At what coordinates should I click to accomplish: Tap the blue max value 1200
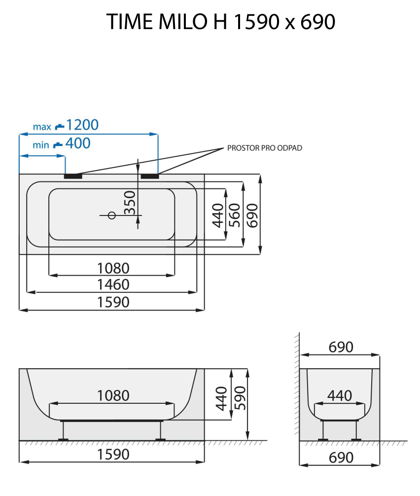[82, 125]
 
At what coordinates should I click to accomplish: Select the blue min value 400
[78, 143]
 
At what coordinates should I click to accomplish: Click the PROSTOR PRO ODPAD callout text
[265, 148]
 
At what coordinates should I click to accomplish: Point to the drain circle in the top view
[111, 215]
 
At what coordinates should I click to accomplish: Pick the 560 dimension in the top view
[235, 215]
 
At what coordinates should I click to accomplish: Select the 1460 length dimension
[113, 284]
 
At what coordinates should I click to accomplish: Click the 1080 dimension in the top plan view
[113, 268]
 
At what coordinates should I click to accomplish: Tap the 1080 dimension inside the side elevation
[113, 395]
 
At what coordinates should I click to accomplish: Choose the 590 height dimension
[240, 398]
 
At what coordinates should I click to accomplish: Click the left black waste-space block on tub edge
[73, 175]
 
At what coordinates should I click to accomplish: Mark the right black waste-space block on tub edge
[150, 175]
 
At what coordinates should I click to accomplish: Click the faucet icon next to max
[59, 126]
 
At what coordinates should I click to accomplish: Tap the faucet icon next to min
[58, 144]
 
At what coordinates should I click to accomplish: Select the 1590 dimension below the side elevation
[113, 454]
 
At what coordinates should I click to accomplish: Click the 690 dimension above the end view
[341, 347]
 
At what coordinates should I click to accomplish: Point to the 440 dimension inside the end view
[340, 395]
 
